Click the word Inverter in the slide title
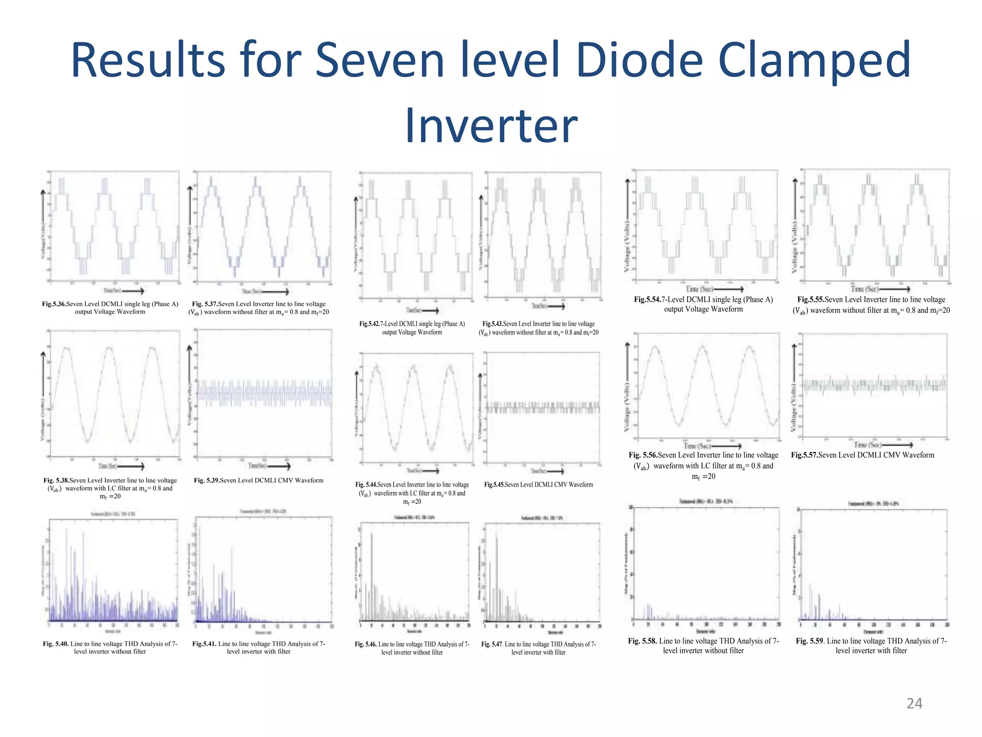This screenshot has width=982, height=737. pyautogui.click(x=491, y=126)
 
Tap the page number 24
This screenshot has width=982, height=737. pyautogui.click(x=914, y=703)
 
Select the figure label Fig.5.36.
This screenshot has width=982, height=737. pyautogui.click(x=54, y=304)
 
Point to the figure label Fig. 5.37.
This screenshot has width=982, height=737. pyautogui.click(x=205, y=304)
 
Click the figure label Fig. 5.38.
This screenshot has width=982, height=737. pyautogui.click(x=56, y=480)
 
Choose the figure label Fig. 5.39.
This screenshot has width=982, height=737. pyautogui.click(x=207, y=480)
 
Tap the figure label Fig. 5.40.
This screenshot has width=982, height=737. pyautogui.click(x=56, y=644)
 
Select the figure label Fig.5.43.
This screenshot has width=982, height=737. pyautogui.click(x=492, y=324)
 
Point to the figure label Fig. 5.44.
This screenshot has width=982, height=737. pyautogui.click(x=366, y=485)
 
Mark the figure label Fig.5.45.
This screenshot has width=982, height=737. pyautogui.click(x=494, y=485)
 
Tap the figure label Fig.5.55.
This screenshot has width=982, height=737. pyautogui.click(x=811, y=300)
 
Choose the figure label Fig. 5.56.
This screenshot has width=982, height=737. pyautogui.click(x=643, y=455)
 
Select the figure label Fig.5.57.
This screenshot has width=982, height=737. pyautogui.click(x=804, y=455)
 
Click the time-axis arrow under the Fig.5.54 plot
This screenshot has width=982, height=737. pyautogui.click(x=729, y=289)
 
